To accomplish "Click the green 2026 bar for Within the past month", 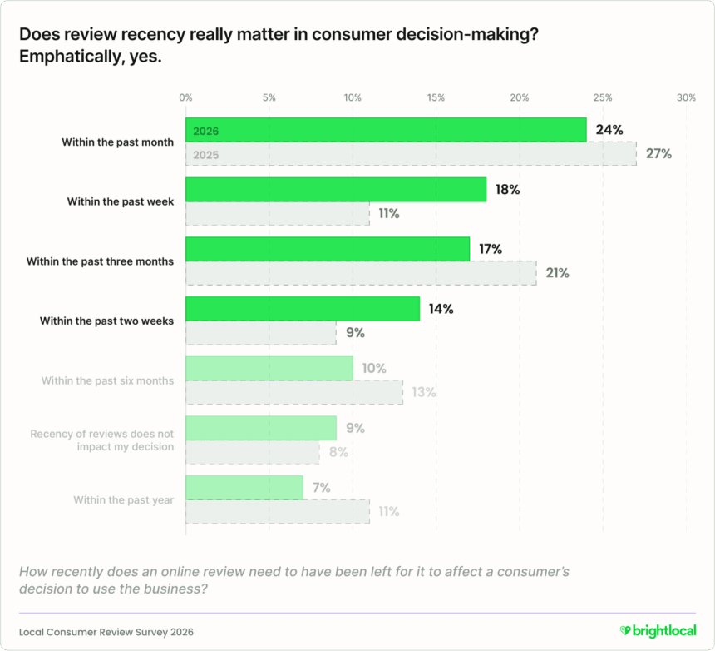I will (386, 130).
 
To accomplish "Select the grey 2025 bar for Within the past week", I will (277, 214).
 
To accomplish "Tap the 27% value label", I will (658, 154).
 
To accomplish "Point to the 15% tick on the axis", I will (436, 97).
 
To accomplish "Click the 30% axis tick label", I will (686, 97).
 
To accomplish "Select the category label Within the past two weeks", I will (106, 321).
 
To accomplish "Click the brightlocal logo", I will (657, 631).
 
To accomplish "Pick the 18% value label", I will (507, 190).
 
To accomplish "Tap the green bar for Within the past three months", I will (328, 249).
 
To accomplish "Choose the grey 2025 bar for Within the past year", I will (277, 512).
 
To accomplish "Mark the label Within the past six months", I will (107, 380).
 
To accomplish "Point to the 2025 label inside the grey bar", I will (205, 155).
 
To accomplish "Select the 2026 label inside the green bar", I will (205, 131).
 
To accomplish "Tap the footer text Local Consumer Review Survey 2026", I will (106, 632).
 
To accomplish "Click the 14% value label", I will (440, 309).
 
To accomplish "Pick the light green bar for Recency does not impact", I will (260, 428).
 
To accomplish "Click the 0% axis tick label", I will (185, 97).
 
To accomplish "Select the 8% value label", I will (338, 452).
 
